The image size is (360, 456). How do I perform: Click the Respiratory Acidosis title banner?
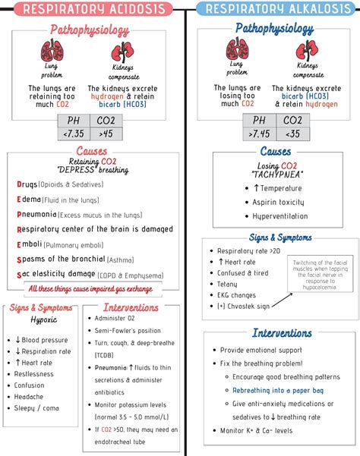(90, 10)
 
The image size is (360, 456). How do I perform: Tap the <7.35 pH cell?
(75, 134)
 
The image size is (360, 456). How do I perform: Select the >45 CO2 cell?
(106, 134)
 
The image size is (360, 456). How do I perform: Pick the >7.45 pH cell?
(259, 134)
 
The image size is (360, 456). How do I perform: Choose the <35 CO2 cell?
(292, 134)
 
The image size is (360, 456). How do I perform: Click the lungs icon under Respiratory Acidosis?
(52, 52)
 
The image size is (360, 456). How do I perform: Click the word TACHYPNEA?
(274, 175)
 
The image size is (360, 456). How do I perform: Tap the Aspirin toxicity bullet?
(279, 203)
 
